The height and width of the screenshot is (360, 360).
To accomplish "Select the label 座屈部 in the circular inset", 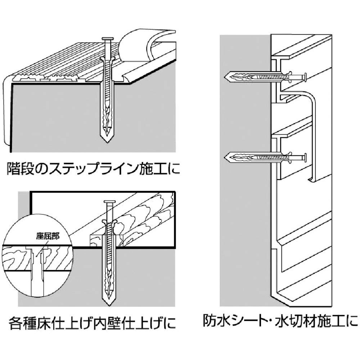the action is coord(48,236).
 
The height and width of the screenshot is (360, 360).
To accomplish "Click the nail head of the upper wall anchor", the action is coord(305,77).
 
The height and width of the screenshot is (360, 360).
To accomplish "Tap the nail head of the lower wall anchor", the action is coord(305,158).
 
